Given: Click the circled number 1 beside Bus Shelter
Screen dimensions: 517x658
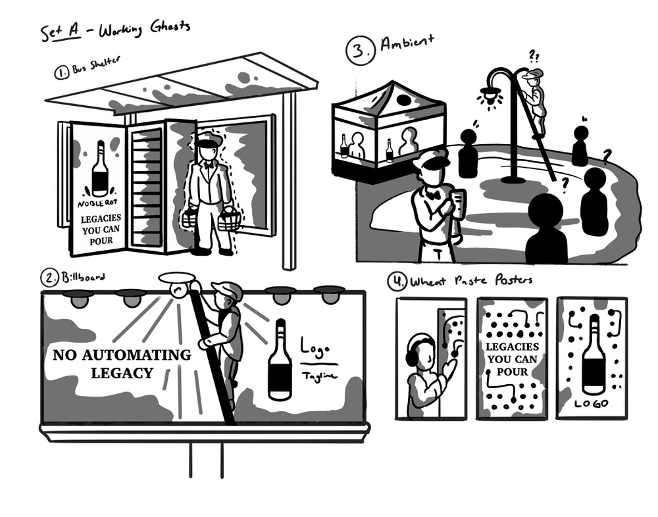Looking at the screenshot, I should click(x=63, y=74).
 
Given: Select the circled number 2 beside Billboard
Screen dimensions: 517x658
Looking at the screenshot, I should click(x=50, y=279).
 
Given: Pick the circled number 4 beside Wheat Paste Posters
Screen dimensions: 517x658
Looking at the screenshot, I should click(x=397, y=283).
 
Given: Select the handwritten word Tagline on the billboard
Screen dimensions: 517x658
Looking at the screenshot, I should click(x=319, y=375).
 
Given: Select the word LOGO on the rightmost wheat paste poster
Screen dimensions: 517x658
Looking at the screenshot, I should click(x=592, y=403).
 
